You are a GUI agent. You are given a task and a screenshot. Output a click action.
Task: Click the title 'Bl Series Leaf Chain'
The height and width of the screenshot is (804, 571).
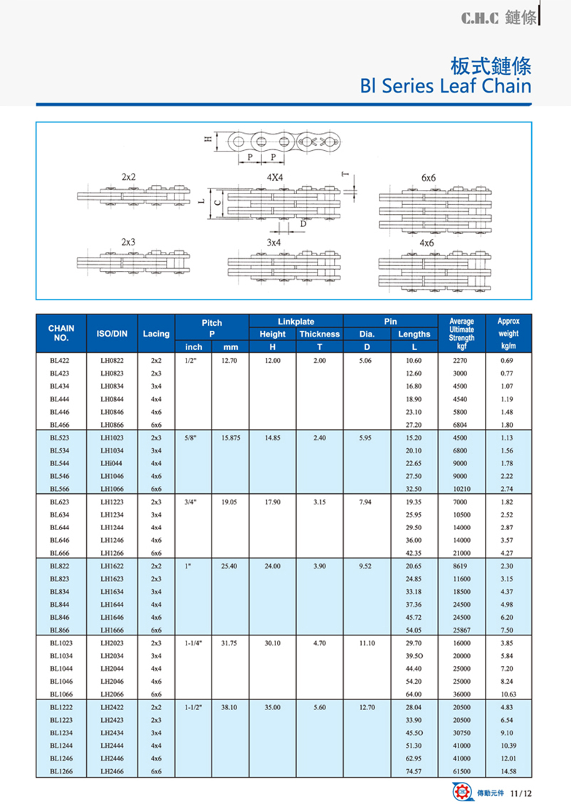446,86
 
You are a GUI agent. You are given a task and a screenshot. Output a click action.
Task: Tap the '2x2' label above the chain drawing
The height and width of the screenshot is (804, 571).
129,176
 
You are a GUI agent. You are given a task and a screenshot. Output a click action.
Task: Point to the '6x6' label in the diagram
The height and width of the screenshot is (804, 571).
429,176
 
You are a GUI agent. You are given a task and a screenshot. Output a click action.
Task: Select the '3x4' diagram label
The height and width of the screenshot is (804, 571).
273,243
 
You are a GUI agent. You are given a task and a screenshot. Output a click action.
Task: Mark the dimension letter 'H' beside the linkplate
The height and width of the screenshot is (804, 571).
207,141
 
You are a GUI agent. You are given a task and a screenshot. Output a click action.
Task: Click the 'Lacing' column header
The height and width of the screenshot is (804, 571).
156,334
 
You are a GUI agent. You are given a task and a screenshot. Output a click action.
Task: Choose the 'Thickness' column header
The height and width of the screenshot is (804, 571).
319,334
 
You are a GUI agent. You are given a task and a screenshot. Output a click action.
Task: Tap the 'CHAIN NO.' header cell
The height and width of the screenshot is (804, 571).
61,333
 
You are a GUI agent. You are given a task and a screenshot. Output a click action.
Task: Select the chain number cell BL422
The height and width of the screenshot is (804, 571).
59,361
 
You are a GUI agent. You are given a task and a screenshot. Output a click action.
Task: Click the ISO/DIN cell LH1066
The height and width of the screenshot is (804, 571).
111,489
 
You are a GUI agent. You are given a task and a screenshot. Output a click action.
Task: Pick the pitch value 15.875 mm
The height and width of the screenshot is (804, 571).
230,438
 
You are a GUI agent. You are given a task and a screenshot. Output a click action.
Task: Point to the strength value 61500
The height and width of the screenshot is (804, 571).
461,771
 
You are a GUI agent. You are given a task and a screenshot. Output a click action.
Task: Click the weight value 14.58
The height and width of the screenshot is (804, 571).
508,771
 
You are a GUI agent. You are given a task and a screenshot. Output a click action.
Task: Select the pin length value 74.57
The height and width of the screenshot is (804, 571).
414,771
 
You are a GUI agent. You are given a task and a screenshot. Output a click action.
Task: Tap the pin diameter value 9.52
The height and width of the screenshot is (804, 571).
367,566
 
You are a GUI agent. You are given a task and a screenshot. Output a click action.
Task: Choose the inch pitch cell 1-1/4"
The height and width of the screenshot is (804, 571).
194,642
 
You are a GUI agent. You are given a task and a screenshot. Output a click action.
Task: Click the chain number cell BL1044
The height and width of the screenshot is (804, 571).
61,668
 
